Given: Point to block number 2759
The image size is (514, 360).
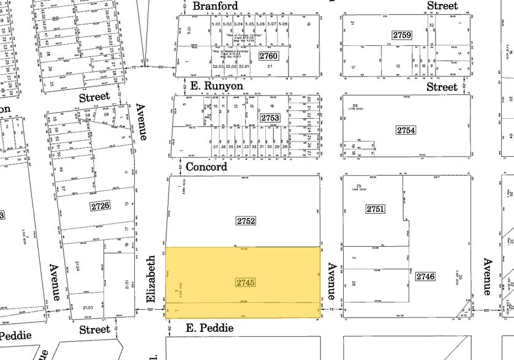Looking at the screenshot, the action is (x=403, y=36).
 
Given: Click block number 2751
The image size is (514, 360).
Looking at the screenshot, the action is (x=375, y=209).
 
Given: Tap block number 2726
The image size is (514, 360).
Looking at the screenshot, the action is (x=100, y=205).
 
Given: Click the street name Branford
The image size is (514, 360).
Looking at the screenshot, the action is (x=215, y=6).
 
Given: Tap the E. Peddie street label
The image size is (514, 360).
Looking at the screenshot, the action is (x=210, y=328).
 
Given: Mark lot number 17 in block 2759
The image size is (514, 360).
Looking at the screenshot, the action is (x=353, y=67).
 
